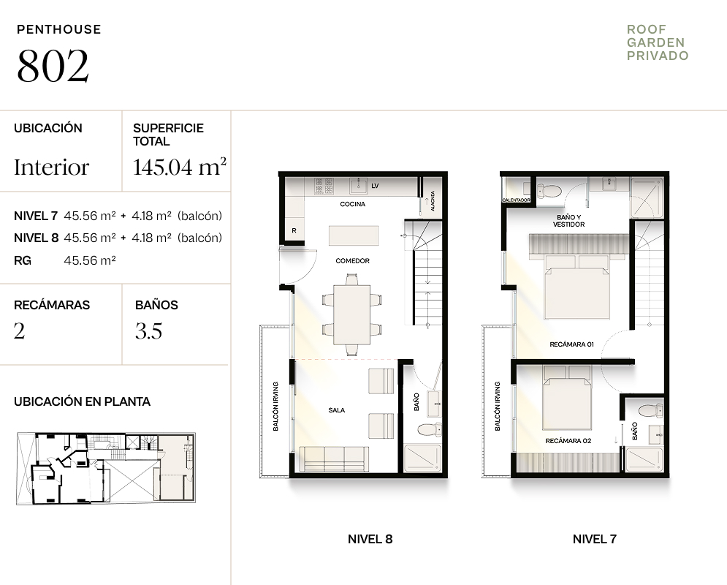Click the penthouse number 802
[53, 65]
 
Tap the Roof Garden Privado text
[658, 42]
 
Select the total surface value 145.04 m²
[180, 167]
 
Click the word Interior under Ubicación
[51, 167]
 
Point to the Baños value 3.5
[149, 331]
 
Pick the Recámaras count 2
[20, 331]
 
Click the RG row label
[23, 260]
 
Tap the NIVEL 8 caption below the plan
[370, 539]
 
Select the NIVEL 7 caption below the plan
[595, 539]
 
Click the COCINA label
[352, 204]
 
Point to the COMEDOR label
[352, 261]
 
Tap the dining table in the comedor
[352, 314]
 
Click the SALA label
[337, 410]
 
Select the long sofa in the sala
[335, 459]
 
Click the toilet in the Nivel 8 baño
[430, 429]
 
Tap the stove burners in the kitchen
[324, 186]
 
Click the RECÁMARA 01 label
[571, 344]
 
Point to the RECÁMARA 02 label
[568, 441]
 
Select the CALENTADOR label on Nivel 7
[516, 200]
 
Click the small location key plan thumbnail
[106, 469]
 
